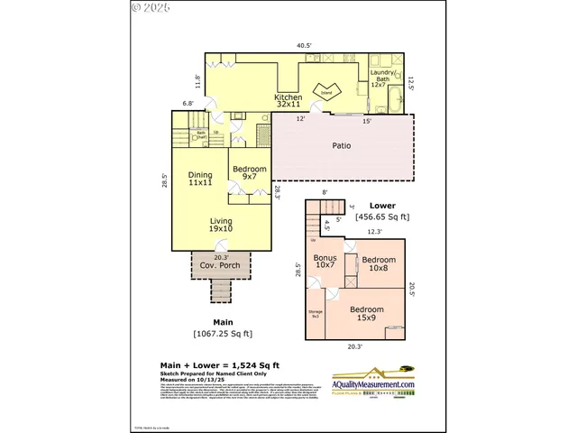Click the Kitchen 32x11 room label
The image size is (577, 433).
(x=288, y=101)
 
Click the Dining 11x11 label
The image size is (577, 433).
(x=199, y=180)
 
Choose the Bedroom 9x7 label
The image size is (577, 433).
(x=249, y=173)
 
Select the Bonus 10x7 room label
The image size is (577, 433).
(x=325, y=263)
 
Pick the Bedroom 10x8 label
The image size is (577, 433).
(x=379, y=263)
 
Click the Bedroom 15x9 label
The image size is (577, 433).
(x=367, y=314)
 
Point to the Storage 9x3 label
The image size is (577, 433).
(x=316, y=314)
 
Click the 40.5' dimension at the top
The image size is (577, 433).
(x=306, y=44)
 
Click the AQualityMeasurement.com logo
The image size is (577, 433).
(x=373, y=382)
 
